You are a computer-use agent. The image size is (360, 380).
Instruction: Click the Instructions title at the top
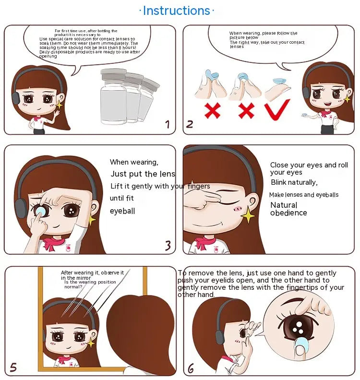coord(177,11)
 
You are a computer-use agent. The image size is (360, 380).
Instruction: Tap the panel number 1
coord(168,124)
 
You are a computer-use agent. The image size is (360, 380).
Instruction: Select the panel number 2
coord(190,124)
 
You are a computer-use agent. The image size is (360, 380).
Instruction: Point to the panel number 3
coord(168,245)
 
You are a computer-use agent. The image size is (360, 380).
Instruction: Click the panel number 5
coord(13,368)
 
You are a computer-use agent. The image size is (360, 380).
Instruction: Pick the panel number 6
coord(191,368)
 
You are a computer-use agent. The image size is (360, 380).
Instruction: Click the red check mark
coord(277,110)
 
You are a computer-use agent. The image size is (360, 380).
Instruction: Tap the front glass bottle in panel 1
coord(113,96)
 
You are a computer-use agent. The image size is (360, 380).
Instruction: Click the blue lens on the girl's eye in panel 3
coord(40,210)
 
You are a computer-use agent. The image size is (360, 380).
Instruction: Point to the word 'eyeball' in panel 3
coord(122,211)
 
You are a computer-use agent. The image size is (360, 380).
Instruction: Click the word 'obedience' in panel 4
coord(288,213)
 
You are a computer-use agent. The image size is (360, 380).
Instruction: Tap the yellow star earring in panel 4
coord(248,214)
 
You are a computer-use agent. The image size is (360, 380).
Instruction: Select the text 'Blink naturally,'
coord(294,182)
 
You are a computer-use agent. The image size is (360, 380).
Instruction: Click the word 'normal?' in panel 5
coord(73,287)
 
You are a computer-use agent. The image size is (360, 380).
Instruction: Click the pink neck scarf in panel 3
coord(54,243)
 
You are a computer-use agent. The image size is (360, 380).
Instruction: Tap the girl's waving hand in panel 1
coord(57,113)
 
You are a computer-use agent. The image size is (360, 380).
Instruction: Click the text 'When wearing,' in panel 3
coord(134,162)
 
